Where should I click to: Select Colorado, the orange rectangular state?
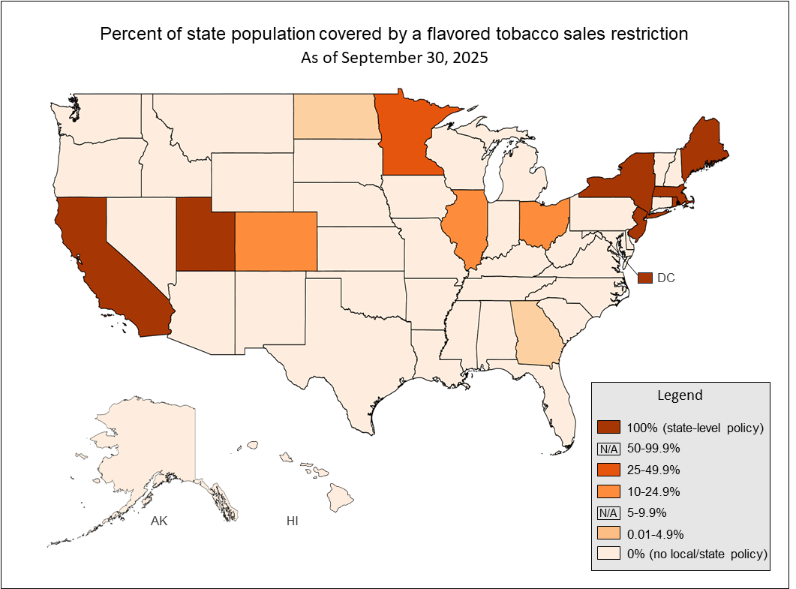tap(275, 240)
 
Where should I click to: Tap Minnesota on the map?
tap(409, 135)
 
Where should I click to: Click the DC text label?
tap(665, 278)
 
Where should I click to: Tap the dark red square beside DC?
tap(644, 278)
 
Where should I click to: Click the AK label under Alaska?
tap(158, 521)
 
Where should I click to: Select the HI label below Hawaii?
tap(292, 521)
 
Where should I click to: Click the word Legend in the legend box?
tap(680, 395)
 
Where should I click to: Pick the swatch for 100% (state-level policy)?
tap(608, 428)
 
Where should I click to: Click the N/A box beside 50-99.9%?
tap(608, 449)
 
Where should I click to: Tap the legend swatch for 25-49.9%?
tap(608, 470)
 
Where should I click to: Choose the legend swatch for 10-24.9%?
tap(608, 492)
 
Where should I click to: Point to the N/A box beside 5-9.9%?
tap(608, 513)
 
